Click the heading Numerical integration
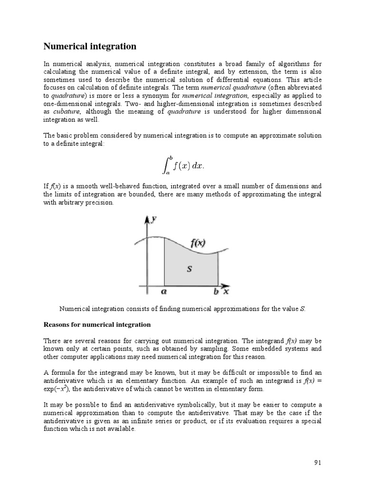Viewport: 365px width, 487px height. tap(90, 46)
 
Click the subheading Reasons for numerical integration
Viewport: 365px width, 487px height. tap(97, 324)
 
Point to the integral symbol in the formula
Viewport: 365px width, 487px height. tap(163, 165)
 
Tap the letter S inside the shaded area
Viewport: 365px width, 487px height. tap(189, 269)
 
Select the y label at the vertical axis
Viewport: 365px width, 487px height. tap(154, 219)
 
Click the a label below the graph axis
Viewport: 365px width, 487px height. tap(164, 291)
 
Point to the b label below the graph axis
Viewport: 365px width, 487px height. tap(216, 291)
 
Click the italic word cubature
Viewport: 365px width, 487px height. tap(65, 111)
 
